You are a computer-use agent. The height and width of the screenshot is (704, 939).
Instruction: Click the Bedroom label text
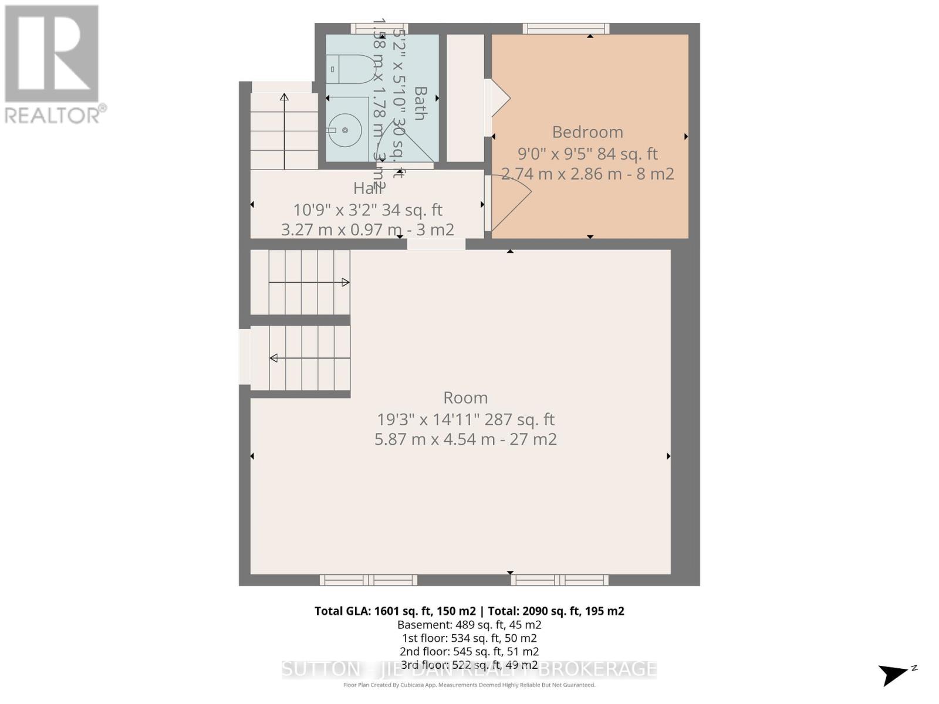pos(587,132)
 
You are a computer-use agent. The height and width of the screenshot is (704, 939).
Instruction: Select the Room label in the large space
pos(465,398)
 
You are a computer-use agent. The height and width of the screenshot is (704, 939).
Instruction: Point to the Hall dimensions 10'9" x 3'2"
pos(367,210)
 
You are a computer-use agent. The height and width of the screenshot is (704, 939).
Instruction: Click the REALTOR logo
pos(54,65)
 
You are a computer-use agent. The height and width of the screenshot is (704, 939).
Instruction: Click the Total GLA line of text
pos(469,611)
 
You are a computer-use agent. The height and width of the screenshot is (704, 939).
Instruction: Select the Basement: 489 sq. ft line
pos(469,625)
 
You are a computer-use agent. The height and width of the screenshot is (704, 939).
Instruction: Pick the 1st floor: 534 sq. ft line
pos(469,638)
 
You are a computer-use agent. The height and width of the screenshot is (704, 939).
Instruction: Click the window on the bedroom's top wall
pos(566,28)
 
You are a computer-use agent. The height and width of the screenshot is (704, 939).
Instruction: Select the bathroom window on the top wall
pos(379,28)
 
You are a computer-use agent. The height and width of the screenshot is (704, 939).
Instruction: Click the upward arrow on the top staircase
pos(284,97)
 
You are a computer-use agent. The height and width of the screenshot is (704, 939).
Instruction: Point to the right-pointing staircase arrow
pos(345,283)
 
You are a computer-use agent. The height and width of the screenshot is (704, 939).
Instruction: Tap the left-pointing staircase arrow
pos(274,358)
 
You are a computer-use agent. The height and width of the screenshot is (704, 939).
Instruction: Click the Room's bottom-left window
pos(368,580)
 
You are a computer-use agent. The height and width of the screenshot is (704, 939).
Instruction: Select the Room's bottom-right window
pos(559,580)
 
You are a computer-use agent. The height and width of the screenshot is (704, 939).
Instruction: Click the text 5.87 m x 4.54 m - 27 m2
pos(465,439)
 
